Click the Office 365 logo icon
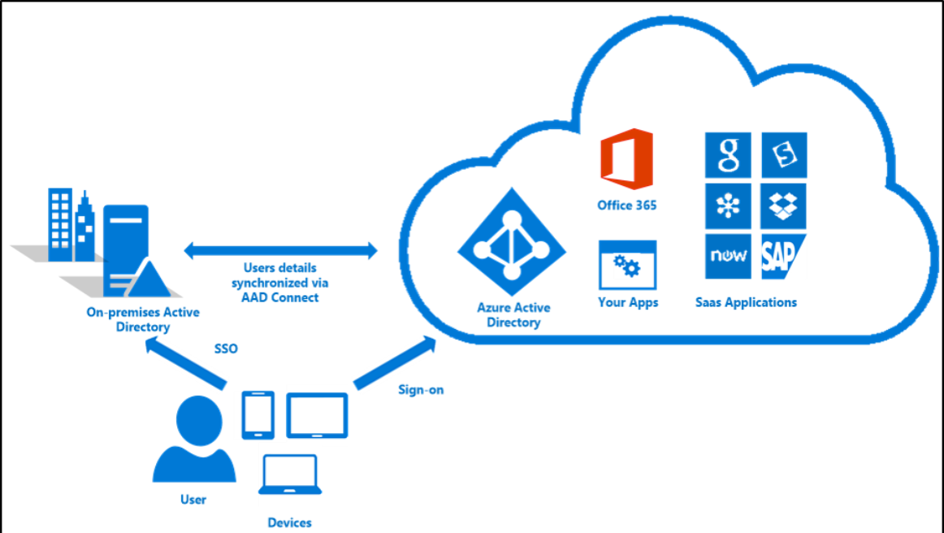click(x=626, y=158)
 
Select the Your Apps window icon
click(x=627, y=265)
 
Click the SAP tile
click(x=783, y=257)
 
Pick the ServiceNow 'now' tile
click(x=728, y=257)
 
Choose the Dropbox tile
click(x=783, y=206)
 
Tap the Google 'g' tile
click(x=728, y=154)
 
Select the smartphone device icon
click(x=258, y=414)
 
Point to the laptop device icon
click(x=290, y=474)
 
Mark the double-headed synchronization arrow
click(x=281, y=250)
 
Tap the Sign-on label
click(x=421, y=390)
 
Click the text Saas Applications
click(x=746, y=302)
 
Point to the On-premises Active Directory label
click(x=143, y=319)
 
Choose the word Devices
click(x=289, y=522)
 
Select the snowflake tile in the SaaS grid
click(x=728, y=206)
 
